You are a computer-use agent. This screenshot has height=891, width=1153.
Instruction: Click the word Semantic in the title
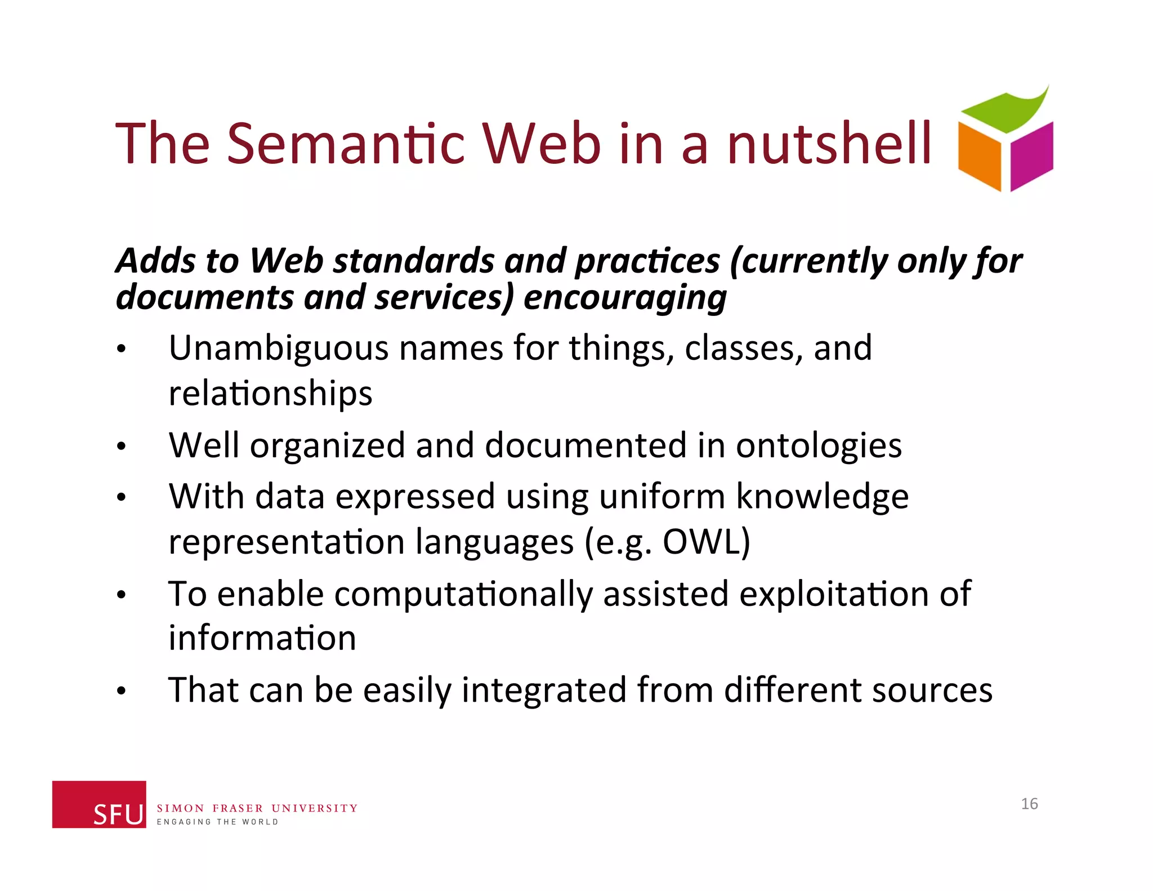346,144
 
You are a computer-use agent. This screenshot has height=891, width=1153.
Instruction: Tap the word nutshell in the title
829,144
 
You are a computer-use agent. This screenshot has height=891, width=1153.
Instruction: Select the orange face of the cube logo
980,157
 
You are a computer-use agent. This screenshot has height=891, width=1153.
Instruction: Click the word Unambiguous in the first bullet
278,348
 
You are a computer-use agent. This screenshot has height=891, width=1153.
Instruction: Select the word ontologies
819,446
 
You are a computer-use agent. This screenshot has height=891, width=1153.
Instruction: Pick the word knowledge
822,498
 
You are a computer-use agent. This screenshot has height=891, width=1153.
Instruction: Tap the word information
262,639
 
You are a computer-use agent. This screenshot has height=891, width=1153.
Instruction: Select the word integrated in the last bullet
543,690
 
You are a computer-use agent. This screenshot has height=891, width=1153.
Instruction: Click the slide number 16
1029,804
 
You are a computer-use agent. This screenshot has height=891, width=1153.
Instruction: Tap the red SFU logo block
99,804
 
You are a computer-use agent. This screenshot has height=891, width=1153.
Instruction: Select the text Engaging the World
217,822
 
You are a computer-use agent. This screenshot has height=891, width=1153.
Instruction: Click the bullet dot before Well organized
121,447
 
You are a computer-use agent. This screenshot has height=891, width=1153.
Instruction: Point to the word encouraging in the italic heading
625,297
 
